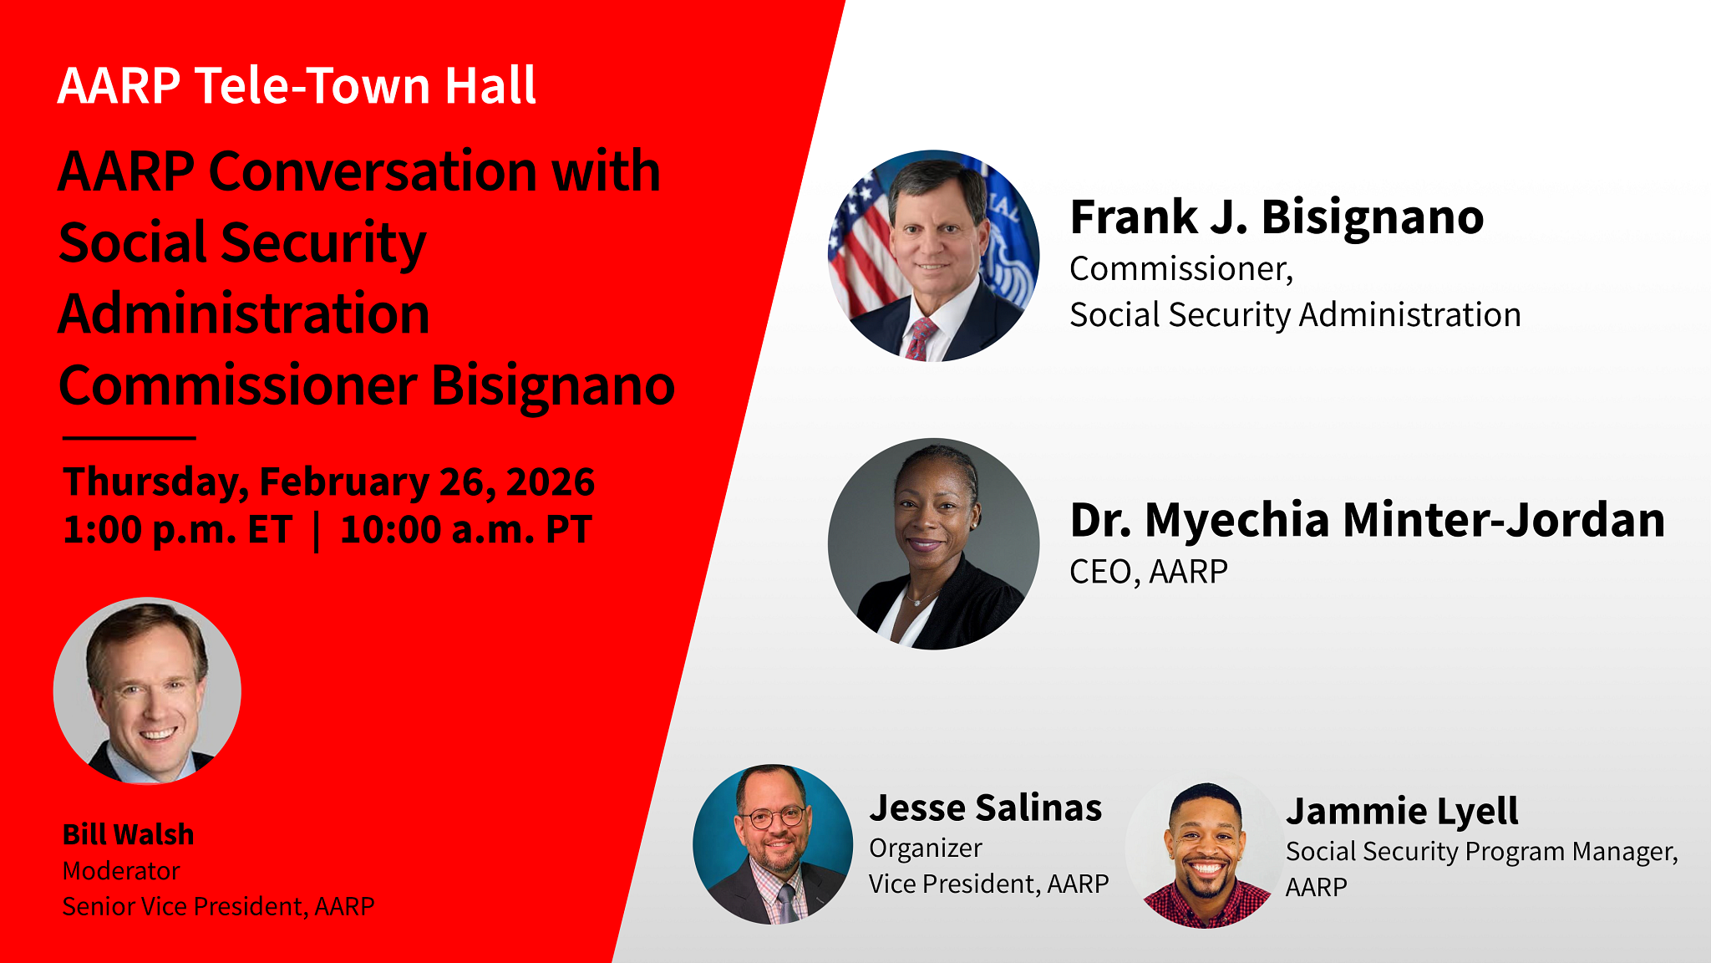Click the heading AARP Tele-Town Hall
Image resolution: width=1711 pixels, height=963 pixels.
click(x=297, y=85)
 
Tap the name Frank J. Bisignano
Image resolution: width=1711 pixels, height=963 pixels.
click(x=1277, y=217)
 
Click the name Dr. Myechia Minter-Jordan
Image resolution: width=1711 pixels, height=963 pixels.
click(x=1367, y=519)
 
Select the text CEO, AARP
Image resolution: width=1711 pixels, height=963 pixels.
click(x=1149, y=572)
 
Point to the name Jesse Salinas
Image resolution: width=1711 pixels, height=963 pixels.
click(x=985, y=808)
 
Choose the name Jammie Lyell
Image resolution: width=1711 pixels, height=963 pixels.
click(x=1401, y=811)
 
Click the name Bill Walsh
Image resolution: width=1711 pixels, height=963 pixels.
click(x=128, y=833)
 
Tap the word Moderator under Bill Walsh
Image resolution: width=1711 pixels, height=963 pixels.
click(x=121, y=870)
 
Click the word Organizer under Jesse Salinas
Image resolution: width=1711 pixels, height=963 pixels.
click(x=925, y=848)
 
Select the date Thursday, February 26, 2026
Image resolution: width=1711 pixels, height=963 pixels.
click(x=328, y=481)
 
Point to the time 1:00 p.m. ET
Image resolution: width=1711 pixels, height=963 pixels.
click(x=177, y=529)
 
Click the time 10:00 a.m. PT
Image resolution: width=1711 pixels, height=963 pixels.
click(x=466, y=529)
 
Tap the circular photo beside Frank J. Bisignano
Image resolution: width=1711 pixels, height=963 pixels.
click(x=933, y=256)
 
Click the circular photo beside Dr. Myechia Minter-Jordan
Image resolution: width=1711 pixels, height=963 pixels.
click(x=933, y=544)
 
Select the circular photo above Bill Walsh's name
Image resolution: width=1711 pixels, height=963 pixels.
click(x=147, y=690)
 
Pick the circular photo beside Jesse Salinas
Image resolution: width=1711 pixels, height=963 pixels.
click(x=773, y=844)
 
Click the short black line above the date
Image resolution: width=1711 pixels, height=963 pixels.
click(x=129, y=437)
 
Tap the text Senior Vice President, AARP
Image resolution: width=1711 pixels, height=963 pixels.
click(x=218, y=906)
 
